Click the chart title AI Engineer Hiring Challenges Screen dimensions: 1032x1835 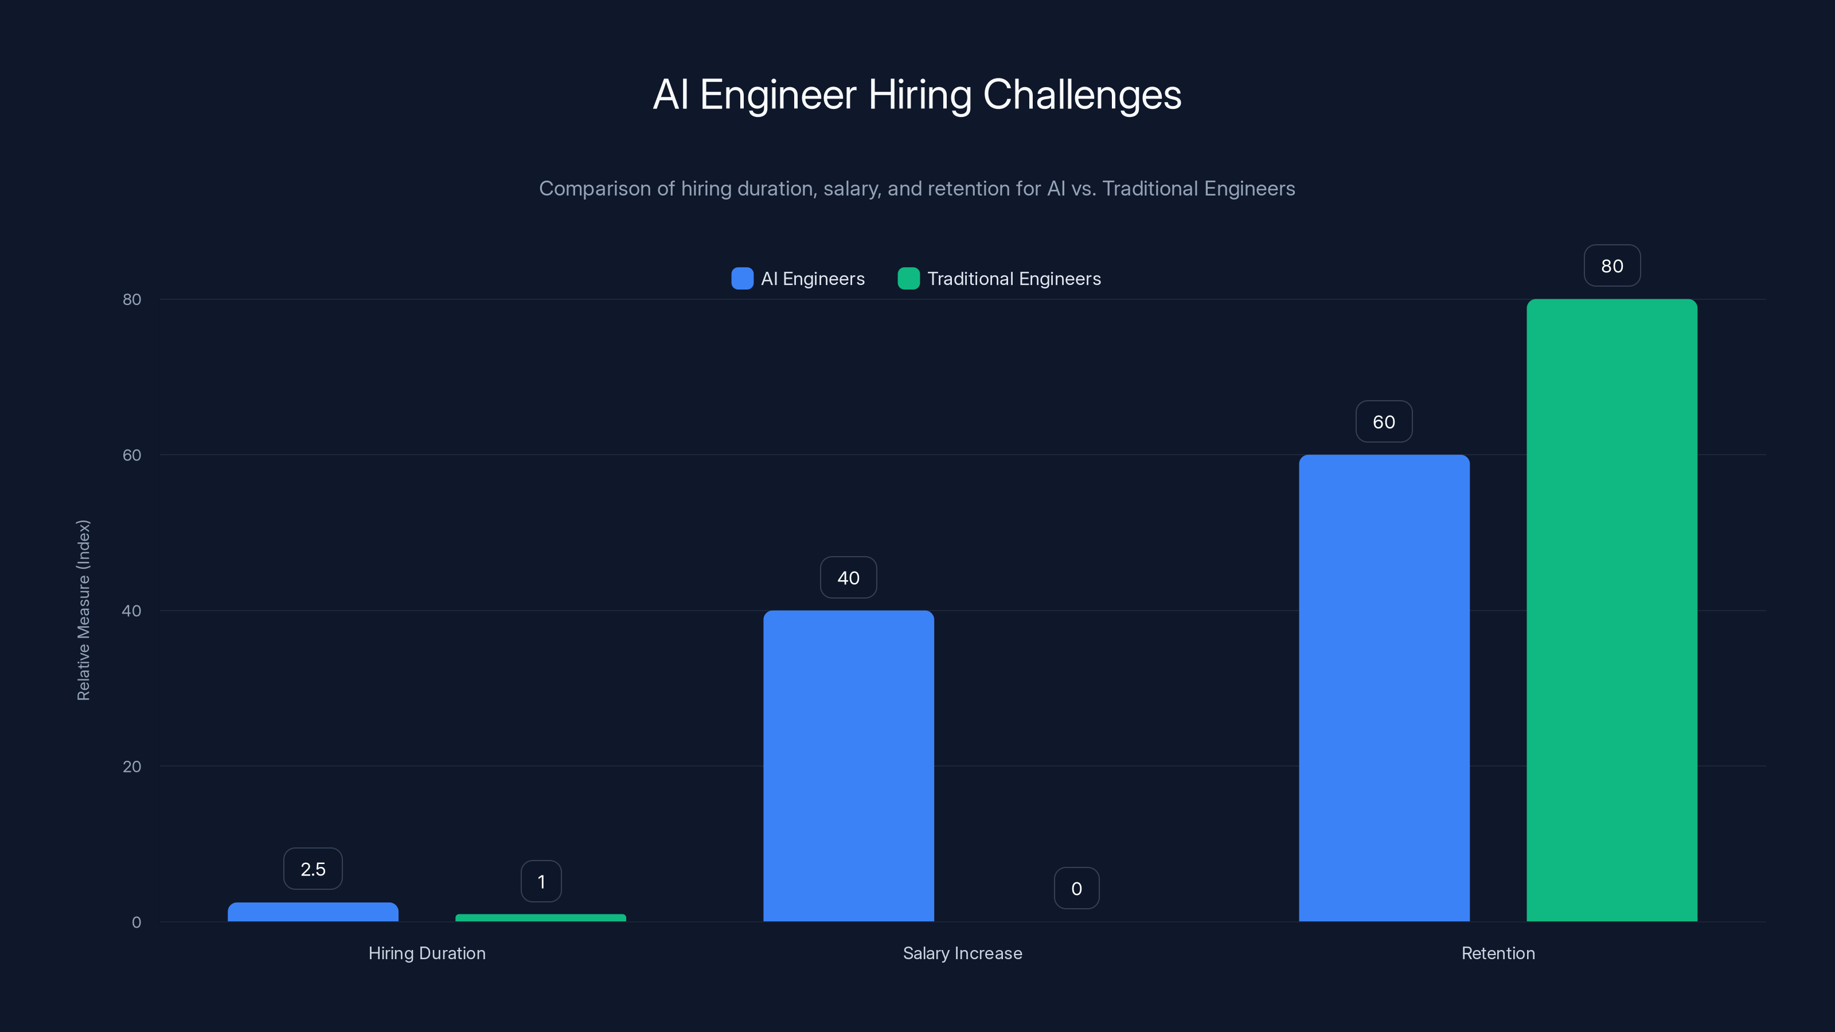tap(917, 95)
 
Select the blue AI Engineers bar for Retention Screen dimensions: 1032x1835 tap(1383, 687)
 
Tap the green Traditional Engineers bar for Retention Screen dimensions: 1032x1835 tap(1611, 609)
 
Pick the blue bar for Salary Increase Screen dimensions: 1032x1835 tap(848, 765)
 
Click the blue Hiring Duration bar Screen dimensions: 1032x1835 tap(313, 912)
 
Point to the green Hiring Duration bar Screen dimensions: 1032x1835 tap(541, 918)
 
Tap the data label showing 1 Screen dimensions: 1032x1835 tap(541, 882)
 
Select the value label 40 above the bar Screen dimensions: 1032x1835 tap(848, 577)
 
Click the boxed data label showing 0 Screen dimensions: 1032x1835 tap(1076, 888)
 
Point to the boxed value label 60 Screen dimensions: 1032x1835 tap(1383, 421)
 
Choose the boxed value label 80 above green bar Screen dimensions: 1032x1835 tap(1611, 265)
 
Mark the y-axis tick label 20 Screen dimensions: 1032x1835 tap(132, 767)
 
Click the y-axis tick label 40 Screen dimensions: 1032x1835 tap(132, 611)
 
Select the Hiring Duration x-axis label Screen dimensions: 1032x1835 tap(427, 953)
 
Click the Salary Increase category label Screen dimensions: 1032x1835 tap(962, 953)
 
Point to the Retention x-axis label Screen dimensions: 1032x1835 tap(1497, 953)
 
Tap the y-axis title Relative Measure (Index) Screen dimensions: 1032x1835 tap(83, 609)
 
